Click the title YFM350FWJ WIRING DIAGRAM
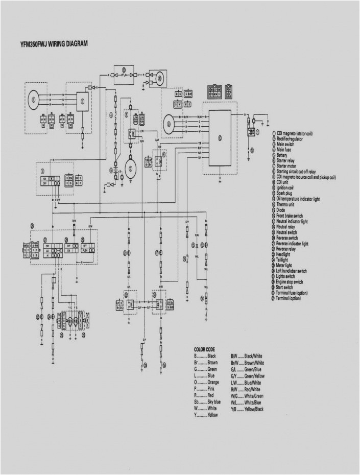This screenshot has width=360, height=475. point(54,44)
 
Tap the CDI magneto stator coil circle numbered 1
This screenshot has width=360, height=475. point(34,100)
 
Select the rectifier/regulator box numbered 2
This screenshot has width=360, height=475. point(82,101)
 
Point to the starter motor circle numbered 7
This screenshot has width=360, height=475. point(131,169)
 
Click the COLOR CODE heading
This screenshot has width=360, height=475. point(204,349)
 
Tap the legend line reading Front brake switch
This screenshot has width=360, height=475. point(290,216)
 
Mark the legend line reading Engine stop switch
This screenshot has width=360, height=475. point(290,282)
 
